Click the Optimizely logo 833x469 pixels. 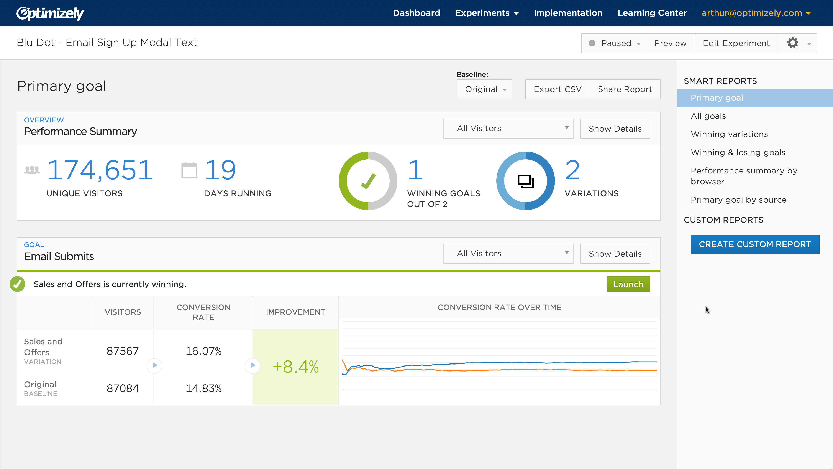pos(50,13)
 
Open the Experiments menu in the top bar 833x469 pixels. pos(487,13)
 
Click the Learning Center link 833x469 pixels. pos(652,13)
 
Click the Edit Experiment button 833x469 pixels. pos(736,43)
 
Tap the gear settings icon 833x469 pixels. pos(793,43)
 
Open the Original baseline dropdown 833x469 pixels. pos(484,89)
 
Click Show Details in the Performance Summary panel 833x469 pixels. pos(615,129)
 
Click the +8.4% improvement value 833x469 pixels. pos(295,367)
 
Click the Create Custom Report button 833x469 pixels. pos(755,244)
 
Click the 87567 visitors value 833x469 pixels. pos(123,351)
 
